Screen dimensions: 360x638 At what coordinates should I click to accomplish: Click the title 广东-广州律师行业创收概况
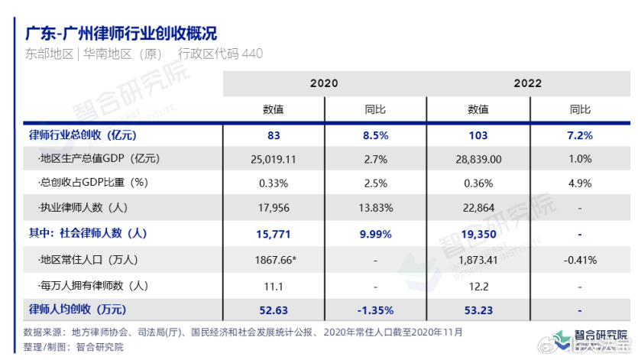(x=121, y=34)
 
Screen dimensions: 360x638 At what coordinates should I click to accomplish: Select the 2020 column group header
(x=323, y=83)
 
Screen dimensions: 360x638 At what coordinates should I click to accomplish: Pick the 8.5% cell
(x=376, y=135)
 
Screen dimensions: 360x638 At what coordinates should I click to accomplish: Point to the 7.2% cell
(x=580, y=135)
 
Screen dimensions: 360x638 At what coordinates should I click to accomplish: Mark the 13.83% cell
(x=376, y=208)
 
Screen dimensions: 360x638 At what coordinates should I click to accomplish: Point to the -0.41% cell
(x=580, y=260)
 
